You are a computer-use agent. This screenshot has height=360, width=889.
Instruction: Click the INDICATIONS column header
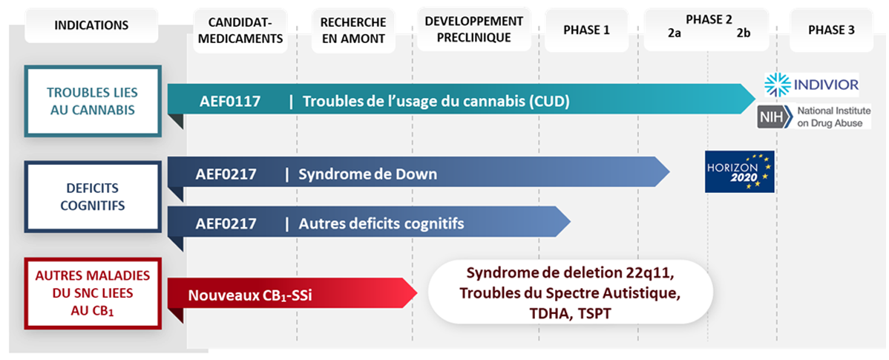[91, 25]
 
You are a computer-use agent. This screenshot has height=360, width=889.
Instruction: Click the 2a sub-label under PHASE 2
[674, 35]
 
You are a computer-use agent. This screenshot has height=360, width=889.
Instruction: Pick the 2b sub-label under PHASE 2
[744, 35]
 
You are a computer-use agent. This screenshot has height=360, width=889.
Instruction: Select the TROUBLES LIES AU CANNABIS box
[93, 101]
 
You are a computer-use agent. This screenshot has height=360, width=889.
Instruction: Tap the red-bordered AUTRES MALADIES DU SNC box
[93, 292]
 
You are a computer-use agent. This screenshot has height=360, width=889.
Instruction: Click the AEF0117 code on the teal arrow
[230, 101]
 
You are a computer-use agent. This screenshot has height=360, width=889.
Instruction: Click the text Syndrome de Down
[367, 175]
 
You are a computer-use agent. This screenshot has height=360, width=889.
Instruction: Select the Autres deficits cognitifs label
[381, 223]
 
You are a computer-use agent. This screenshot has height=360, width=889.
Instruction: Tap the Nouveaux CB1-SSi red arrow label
[250, 295]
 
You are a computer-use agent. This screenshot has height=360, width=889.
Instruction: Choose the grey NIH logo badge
[774, 117]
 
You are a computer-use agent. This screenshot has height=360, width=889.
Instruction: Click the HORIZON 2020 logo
[739, 171]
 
